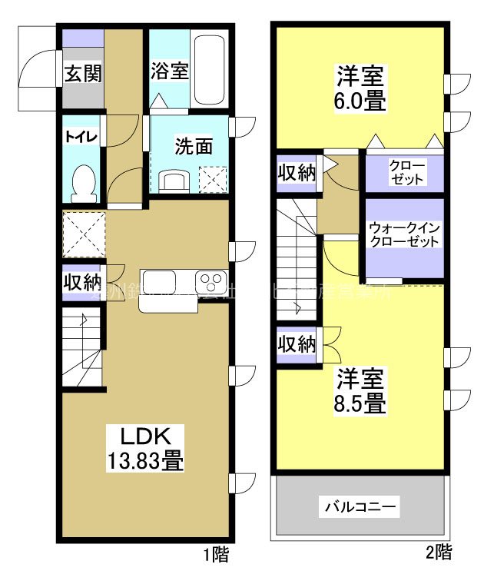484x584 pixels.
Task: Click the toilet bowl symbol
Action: [x=82, y=181]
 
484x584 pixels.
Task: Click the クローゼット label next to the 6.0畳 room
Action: [x=405, y=171]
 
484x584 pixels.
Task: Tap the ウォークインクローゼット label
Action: [x=404, y=235]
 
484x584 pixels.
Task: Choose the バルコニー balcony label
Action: [x=360, y=507]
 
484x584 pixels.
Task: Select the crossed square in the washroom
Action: [x=214, y=178]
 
